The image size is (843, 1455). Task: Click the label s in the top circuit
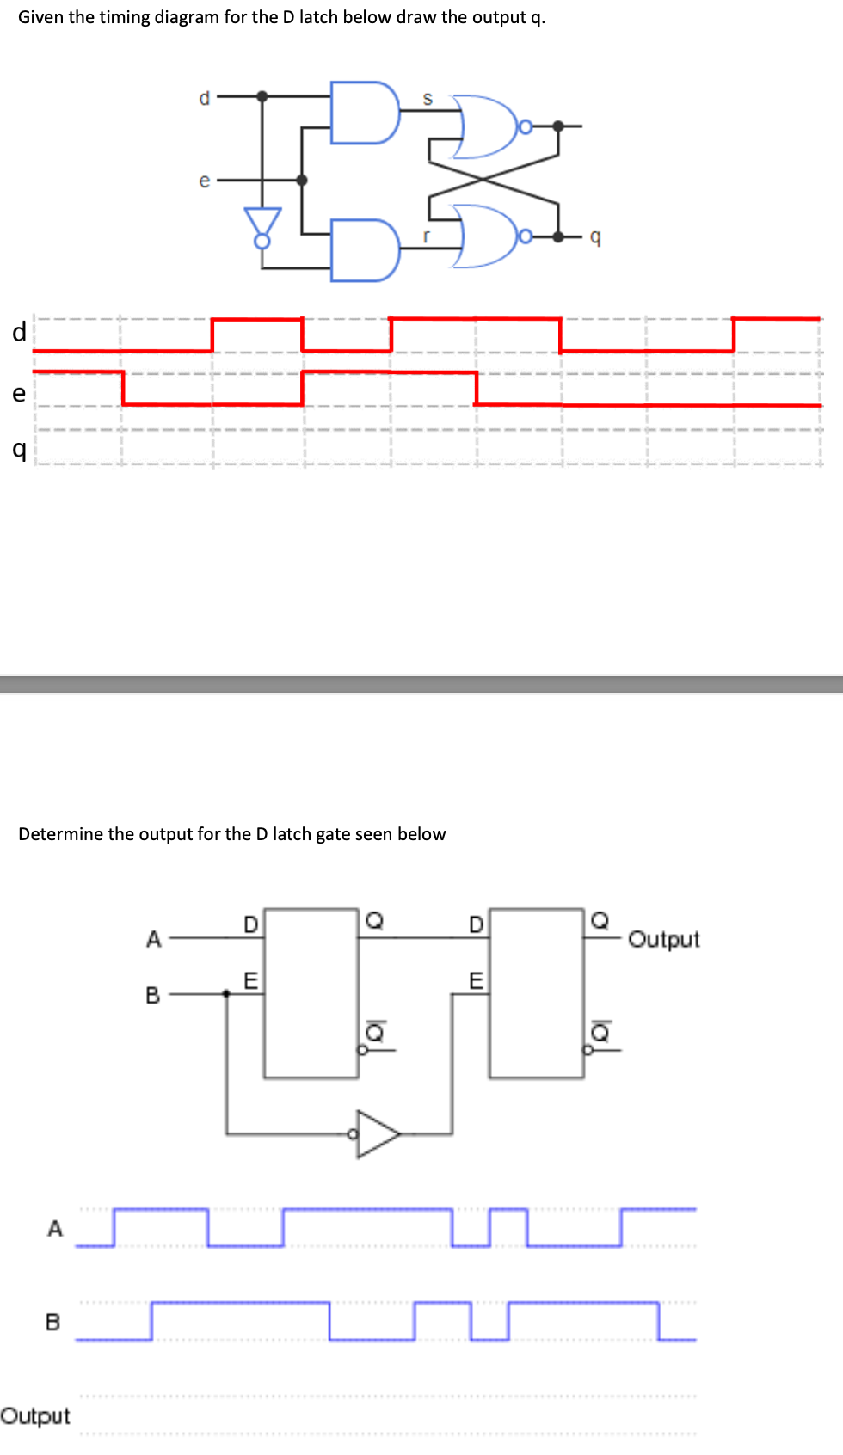pos(428,100)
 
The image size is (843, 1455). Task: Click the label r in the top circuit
pos(426,235)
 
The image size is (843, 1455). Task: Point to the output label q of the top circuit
pos(595,236)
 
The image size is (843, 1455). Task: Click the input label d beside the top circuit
pos(204,98)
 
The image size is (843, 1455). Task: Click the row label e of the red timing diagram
pos(19,394)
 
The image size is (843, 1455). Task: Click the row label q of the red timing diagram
pos(19,449)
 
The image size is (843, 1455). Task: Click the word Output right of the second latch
pos(663,939)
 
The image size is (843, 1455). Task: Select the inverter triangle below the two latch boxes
pos(377,1134)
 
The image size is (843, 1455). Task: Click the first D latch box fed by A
pos(311,992)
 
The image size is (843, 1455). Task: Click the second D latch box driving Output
pos(536,992)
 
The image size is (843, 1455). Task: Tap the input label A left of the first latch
pos(153,939)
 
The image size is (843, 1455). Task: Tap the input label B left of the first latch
pos(152,996)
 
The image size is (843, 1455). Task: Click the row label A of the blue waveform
pos(55,1229)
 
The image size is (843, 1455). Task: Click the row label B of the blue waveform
pos(53,1322)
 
